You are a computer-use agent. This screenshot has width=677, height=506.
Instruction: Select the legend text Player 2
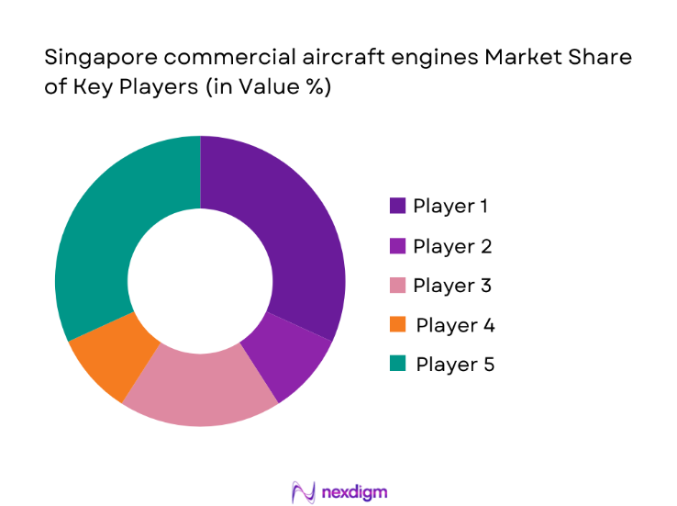click(x=452, y=246)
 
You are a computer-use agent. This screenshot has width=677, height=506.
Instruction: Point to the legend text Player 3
click(x=452, y=286)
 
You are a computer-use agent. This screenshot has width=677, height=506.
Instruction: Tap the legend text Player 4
click(x=455, y=325)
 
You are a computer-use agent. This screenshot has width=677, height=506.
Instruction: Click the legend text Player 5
click(x=455, y=365)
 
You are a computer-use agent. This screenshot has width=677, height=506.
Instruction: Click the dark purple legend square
click(x=397, y=206)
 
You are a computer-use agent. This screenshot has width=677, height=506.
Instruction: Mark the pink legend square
click(x=397, y=286)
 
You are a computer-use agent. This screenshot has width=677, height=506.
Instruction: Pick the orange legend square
click(x=397, y=325)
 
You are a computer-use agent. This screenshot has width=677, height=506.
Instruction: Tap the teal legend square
click(x=397, y=365)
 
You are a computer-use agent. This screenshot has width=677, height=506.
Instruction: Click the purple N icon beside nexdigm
click(x=304, y=491)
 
